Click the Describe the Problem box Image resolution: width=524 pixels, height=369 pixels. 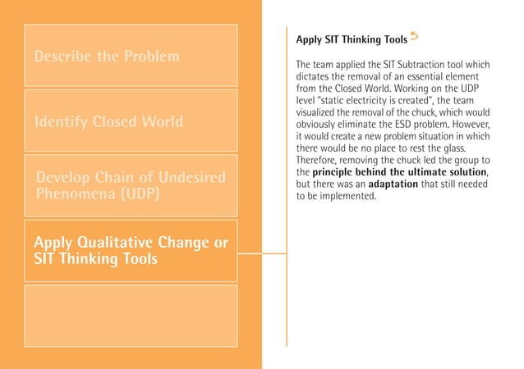pos(131,56)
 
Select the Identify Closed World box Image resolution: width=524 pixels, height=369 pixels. pos(131,121)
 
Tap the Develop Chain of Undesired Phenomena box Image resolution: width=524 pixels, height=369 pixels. pos(131,186)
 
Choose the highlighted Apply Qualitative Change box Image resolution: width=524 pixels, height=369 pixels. pos(131,250)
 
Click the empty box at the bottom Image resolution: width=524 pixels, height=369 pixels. pos(131,315)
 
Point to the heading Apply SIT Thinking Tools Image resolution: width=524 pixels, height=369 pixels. pos(351,39)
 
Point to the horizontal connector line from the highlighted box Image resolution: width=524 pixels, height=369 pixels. pos(263,253)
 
